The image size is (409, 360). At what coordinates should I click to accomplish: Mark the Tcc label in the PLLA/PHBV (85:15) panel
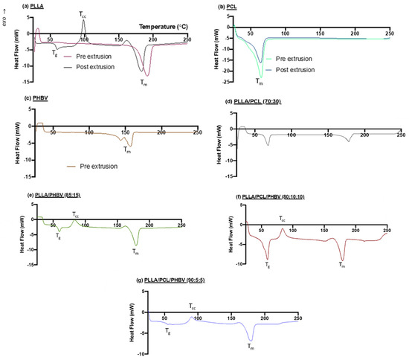[x=76, y=214]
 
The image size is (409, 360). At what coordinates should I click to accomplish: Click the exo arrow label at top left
[x=6, y=10]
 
